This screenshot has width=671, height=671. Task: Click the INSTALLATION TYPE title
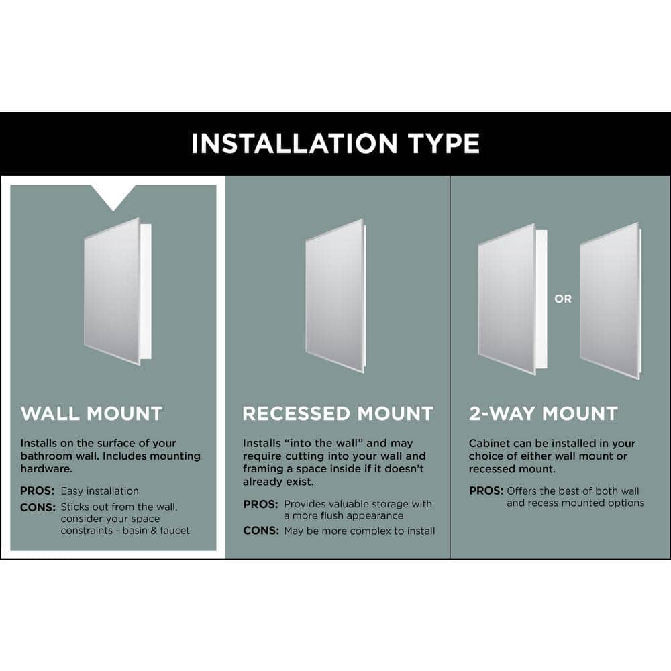click(335, 143)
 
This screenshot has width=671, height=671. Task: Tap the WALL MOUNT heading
click(91, 413)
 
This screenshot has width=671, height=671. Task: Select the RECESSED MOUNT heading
click(338, 414)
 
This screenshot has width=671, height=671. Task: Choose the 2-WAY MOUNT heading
click(543, 413)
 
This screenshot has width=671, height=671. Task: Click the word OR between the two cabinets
click(563, 299)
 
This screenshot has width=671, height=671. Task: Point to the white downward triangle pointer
click(113, 197)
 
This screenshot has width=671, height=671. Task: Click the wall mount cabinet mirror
click(112, 291)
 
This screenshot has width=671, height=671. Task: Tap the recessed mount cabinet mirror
click(335, 296)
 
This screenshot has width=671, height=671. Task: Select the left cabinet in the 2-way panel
click(512, 299)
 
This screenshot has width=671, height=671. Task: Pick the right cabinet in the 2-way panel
click(610, 301)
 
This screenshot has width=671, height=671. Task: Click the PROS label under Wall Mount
click(37, 491)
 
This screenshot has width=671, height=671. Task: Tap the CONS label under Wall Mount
click(38, 507)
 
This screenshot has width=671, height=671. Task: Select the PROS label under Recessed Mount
click(260, 504)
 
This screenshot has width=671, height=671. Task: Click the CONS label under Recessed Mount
click(261, 531)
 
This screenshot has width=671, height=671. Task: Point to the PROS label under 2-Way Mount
click(486, 491)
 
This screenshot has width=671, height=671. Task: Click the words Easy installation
click(100, 491)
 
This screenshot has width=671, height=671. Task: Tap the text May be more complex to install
click(360, 531)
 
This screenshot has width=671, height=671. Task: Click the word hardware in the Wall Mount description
click(46, 469)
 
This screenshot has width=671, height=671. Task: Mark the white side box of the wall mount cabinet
click(146, 291)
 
